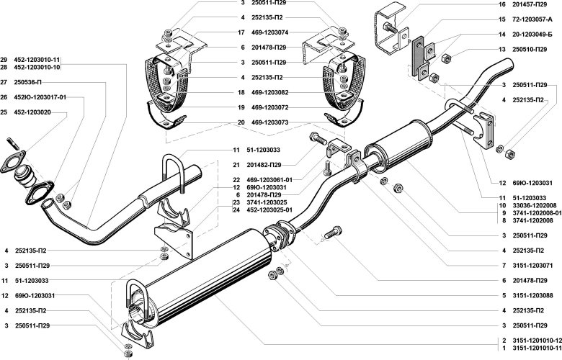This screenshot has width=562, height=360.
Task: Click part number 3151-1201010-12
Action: coord(534,340)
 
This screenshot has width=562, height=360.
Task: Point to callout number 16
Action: coord(502,4)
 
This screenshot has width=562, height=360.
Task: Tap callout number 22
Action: coord(236,179)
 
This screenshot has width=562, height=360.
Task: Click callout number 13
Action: coord(502,49)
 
